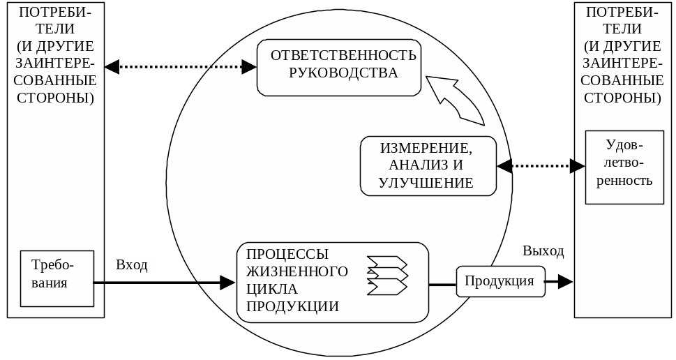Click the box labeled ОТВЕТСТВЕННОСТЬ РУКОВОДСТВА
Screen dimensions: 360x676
(339, 68)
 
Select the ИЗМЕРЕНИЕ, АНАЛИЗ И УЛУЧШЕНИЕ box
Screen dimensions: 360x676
(428, 166)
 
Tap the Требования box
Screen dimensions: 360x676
(57, 278)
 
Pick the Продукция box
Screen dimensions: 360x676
(500, 281)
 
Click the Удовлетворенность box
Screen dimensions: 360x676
(624, 167)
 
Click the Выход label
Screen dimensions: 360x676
(543, 250)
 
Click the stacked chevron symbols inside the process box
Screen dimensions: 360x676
(387, 275)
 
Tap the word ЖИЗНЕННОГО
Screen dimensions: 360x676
(297, 271)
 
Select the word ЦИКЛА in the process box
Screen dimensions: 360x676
(272, 288)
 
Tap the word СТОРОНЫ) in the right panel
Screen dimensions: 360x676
(624, 98)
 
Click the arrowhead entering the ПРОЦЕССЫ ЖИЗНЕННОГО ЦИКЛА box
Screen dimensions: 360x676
(227, 283)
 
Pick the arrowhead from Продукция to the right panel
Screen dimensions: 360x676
(564, 281)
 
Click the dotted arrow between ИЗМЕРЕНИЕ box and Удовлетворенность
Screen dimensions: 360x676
(541, 166)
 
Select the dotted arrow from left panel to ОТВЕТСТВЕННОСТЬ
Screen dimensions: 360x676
(181, 67)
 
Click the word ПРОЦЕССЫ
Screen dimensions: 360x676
(287, 254)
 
